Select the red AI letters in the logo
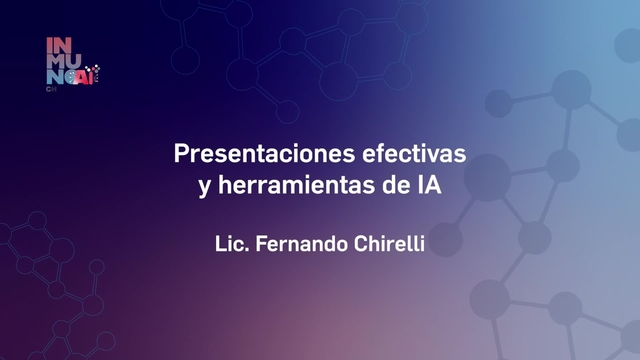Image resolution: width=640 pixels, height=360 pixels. coord(89,76)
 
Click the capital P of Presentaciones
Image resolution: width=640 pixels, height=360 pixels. coord(181,155)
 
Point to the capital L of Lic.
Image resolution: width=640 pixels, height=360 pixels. coord(220,243)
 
